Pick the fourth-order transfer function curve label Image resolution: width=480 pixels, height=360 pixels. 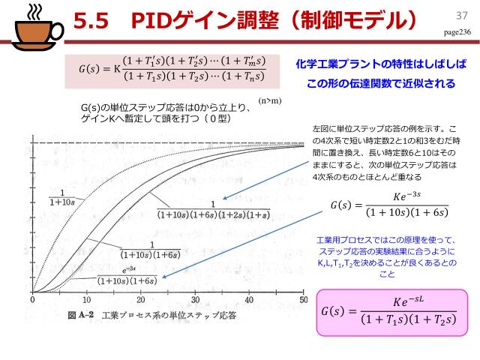[x=214, y=208]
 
